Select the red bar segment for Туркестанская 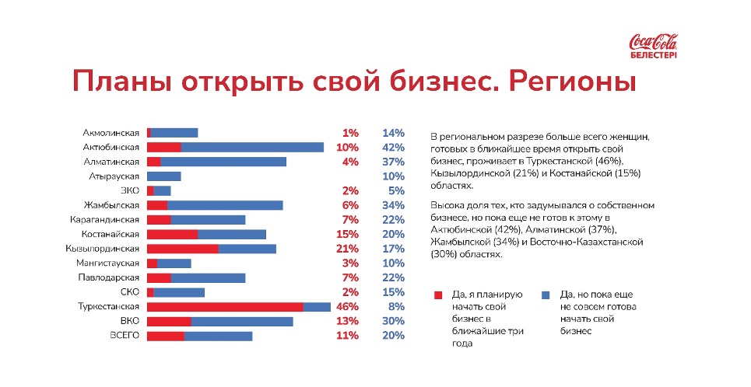tap(225, 307)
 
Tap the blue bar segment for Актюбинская tap(252, 147)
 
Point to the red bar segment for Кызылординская tap(183, 249)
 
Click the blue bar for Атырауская tap(164, 176)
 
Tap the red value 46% tap(346, 307)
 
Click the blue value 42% tap(395, 147)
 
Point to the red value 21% tap(346, 249)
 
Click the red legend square tap(438, 295)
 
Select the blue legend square tap(545, 295)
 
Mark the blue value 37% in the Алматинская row tap(395, 162)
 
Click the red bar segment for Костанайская tap(173, 234)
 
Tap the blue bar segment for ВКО tap(242, 321)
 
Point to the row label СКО tap(128, 292)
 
